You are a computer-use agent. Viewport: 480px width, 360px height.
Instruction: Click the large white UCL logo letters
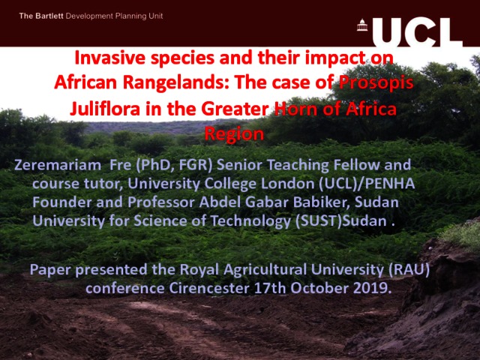coord(418,31)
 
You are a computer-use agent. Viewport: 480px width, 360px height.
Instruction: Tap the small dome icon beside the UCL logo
coord(362,25)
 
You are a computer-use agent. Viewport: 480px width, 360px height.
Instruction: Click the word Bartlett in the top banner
coord(49,16)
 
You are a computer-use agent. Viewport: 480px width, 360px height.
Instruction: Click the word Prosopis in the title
coord(376,82)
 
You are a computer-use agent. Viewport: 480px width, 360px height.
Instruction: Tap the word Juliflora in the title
coord(105,109)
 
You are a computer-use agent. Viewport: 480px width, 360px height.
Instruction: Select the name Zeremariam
coord(58,165)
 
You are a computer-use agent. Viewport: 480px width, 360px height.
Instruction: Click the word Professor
coord(160,202)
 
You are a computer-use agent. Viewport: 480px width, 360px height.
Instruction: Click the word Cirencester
coord(209,288)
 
